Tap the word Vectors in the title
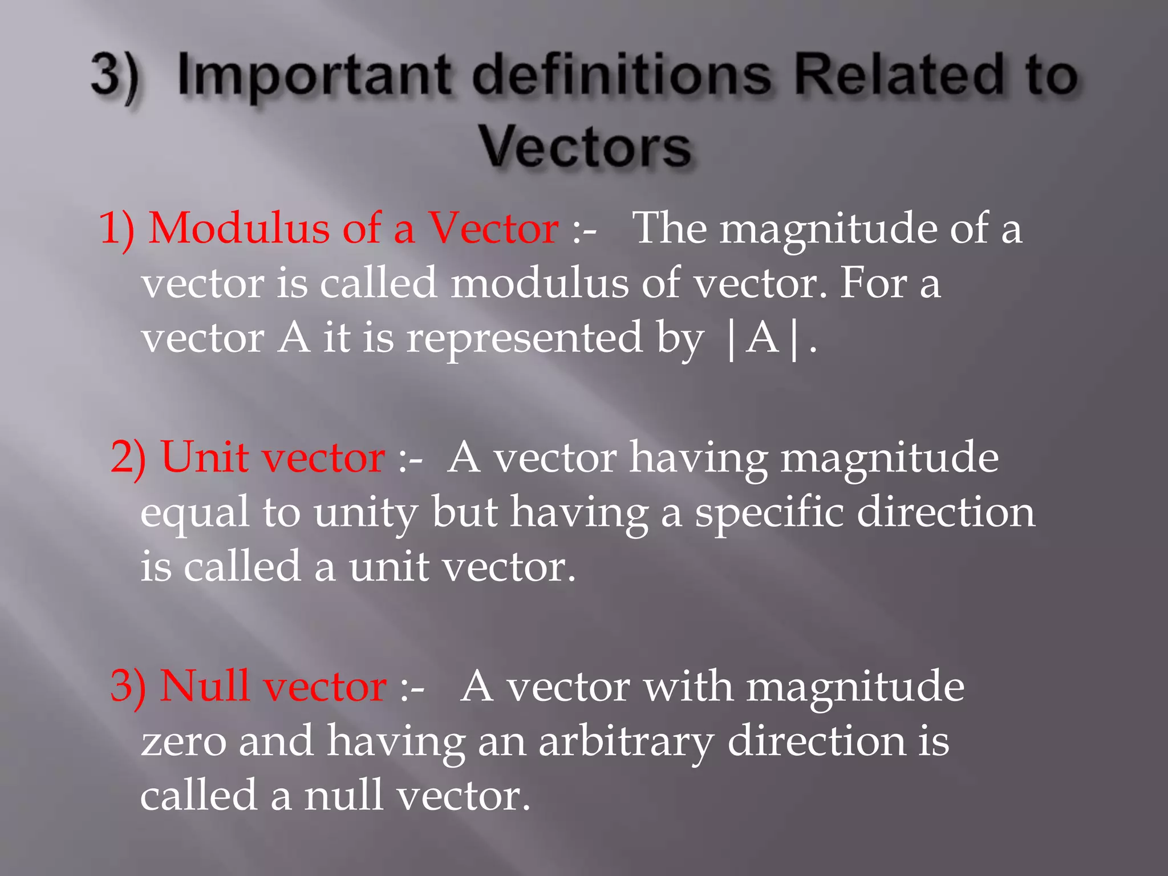click(x=585, y=147)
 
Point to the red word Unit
click(x=205, y=457)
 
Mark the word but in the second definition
click(x=464, y=512)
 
